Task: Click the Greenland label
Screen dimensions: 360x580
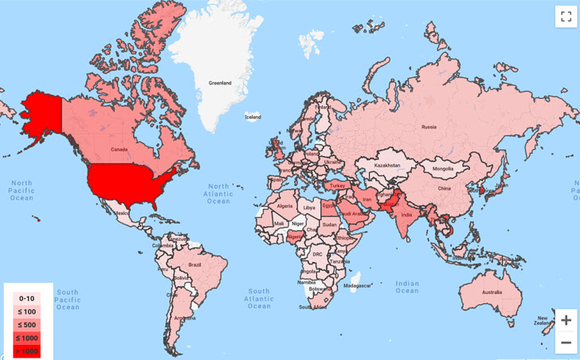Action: (x=220, y=83)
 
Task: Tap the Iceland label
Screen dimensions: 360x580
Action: (x=253, y=117)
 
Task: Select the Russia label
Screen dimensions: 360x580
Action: (x=429, y=126)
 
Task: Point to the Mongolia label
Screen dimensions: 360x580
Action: (x=443, y=169)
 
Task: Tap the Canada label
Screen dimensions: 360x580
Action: (x=119, y=149)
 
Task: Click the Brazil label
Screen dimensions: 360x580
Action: (x=194, y=264)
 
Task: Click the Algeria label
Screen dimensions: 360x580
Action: (x=285, y=205)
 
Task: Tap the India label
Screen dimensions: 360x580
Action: (x=405, y=215)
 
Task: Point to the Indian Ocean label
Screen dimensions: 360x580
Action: (x=406, y=287)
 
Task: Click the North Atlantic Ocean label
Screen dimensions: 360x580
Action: (x=217, y=193)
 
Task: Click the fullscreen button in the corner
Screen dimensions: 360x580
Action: (x=565, y=17)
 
